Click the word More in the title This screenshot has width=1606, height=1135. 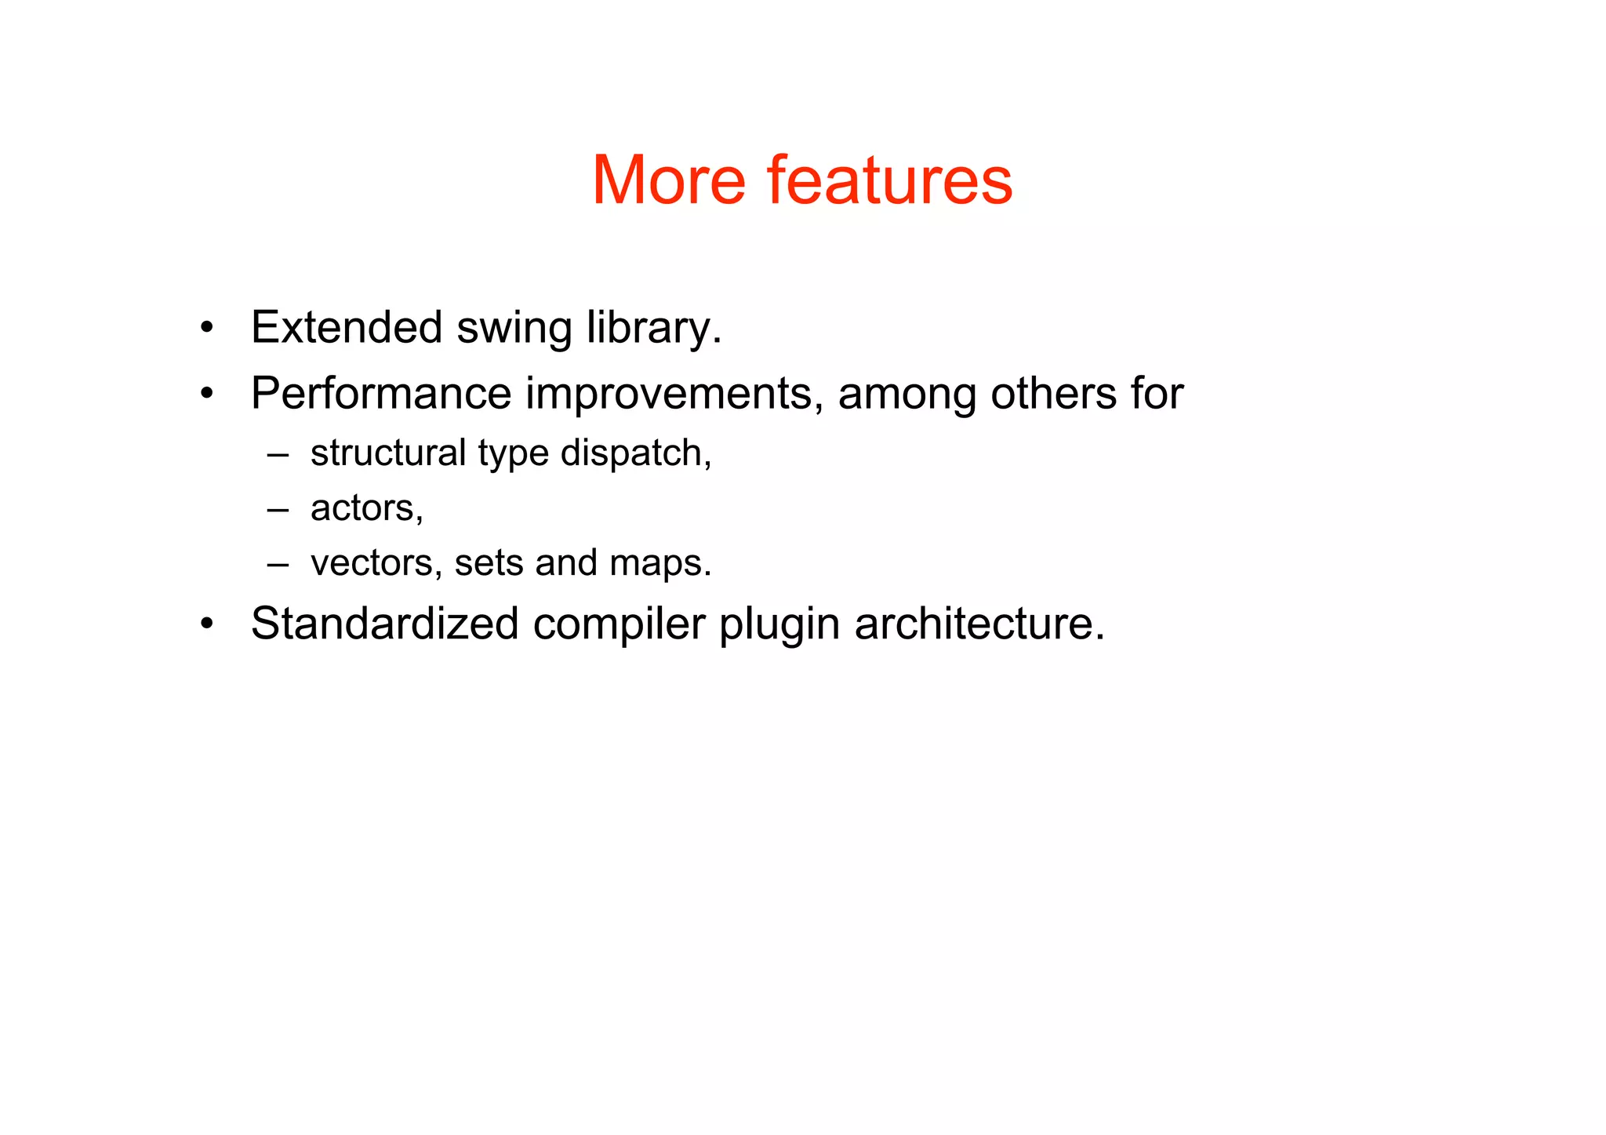click(x=668, y=180)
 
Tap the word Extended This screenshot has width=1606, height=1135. click(x=347, y=327)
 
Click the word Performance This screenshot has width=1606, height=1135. click(x=381, y=393)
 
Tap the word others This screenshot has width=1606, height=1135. click(x=1053, y=393)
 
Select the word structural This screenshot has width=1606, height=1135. click(x=388, y=453)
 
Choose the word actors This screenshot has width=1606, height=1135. click(x=366, y=508)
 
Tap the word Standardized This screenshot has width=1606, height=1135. click(x=385, y=624)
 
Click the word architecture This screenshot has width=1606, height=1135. click(x=979, y=624)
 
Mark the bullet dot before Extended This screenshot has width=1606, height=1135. click(x=206, y=328)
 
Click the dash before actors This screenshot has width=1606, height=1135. click(x=278, y=509)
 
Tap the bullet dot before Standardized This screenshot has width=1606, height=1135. click(x=206, y=624)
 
